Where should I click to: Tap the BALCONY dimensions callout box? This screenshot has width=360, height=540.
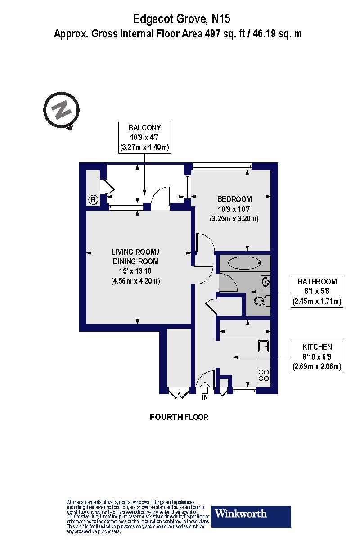tap(144, 137)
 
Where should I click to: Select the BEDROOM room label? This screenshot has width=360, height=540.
tap(234, 199)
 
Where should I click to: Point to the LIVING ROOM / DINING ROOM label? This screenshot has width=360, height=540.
tap(135, 256)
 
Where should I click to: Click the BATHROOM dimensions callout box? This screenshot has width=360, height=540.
tap(317, 292)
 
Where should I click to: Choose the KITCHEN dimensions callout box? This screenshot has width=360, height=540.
tap(317, 357)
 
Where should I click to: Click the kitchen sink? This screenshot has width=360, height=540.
tap(263, 346)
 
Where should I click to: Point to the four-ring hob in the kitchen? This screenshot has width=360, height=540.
tap(263, 375)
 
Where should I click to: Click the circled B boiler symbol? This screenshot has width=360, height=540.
tap(93, 200)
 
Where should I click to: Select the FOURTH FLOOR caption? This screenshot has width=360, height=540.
tap(179, 417)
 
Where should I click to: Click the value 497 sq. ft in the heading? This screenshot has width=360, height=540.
tap(223, 34)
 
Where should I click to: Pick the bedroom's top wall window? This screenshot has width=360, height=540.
tap(222, 166)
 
